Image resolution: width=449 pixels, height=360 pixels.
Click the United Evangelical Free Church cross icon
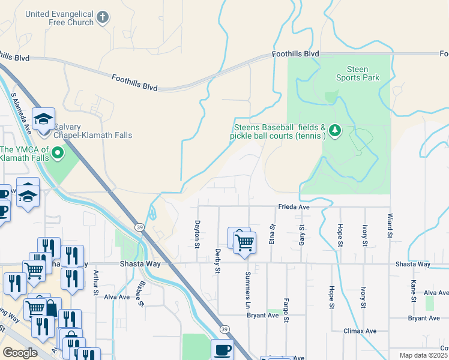[103, 17]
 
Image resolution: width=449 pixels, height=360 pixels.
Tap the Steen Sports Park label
[357, 73]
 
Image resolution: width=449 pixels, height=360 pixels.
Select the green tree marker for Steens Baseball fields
[335, 130]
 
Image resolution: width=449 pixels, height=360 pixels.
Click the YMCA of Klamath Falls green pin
[58, 154]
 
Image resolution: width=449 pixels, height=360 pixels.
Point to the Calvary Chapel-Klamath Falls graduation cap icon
[43, 119]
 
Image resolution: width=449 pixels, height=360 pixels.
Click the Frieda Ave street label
[294, 207]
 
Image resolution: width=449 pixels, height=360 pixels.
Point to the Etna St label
[273, 235]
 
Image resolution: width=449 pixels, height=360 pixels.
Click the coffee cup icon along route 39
[222, 349]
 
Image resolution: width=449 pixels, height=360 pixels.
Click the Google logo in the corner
[20, 353]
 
